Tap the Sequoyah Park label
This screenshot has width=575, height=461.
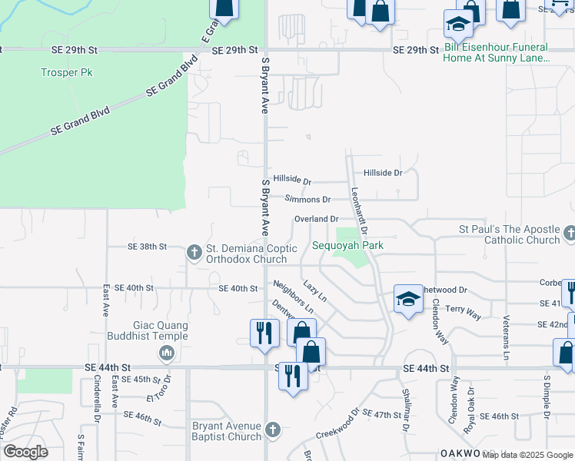pyautogui.click(x=347, y=246)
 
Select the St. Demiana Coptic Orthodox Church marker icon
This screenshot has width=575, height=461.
pyautogui.click(x=194, y=252)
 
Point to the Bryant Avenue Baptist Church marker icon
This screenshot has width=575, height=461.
pyautogui.click(x=271, y=431)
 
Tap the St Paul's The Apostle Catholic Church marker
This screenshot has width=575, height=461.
pyautogui.click(x=569, y=233)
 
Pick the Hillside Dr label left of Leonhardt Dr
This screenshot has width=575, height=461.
pyautogui.click(x=292, y=181)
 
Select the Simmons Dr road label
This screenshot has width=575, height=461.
pyautogui.click(x=307, y=199)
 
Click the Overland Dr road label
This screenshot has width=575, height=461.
pyautogui.click(x=316, y=220)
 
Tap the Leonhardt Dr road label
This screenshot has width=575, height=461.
pyautogui.click(x=359, y=211)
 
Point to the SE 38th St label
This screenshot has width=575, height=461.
pyautogui.click(x=147, y=247)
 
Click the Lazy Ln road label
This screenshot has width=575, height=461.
pyautogui.click(x=315, y=290)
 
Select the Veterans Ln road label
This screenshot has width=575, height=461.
pyautogui.click(x=506, y=341)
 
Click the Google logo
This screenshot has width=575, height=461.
pyautogui.click(x=25, y=452)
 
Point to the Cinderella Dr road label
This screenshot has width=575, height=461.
pyautogui.click(x=98, y=398)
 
